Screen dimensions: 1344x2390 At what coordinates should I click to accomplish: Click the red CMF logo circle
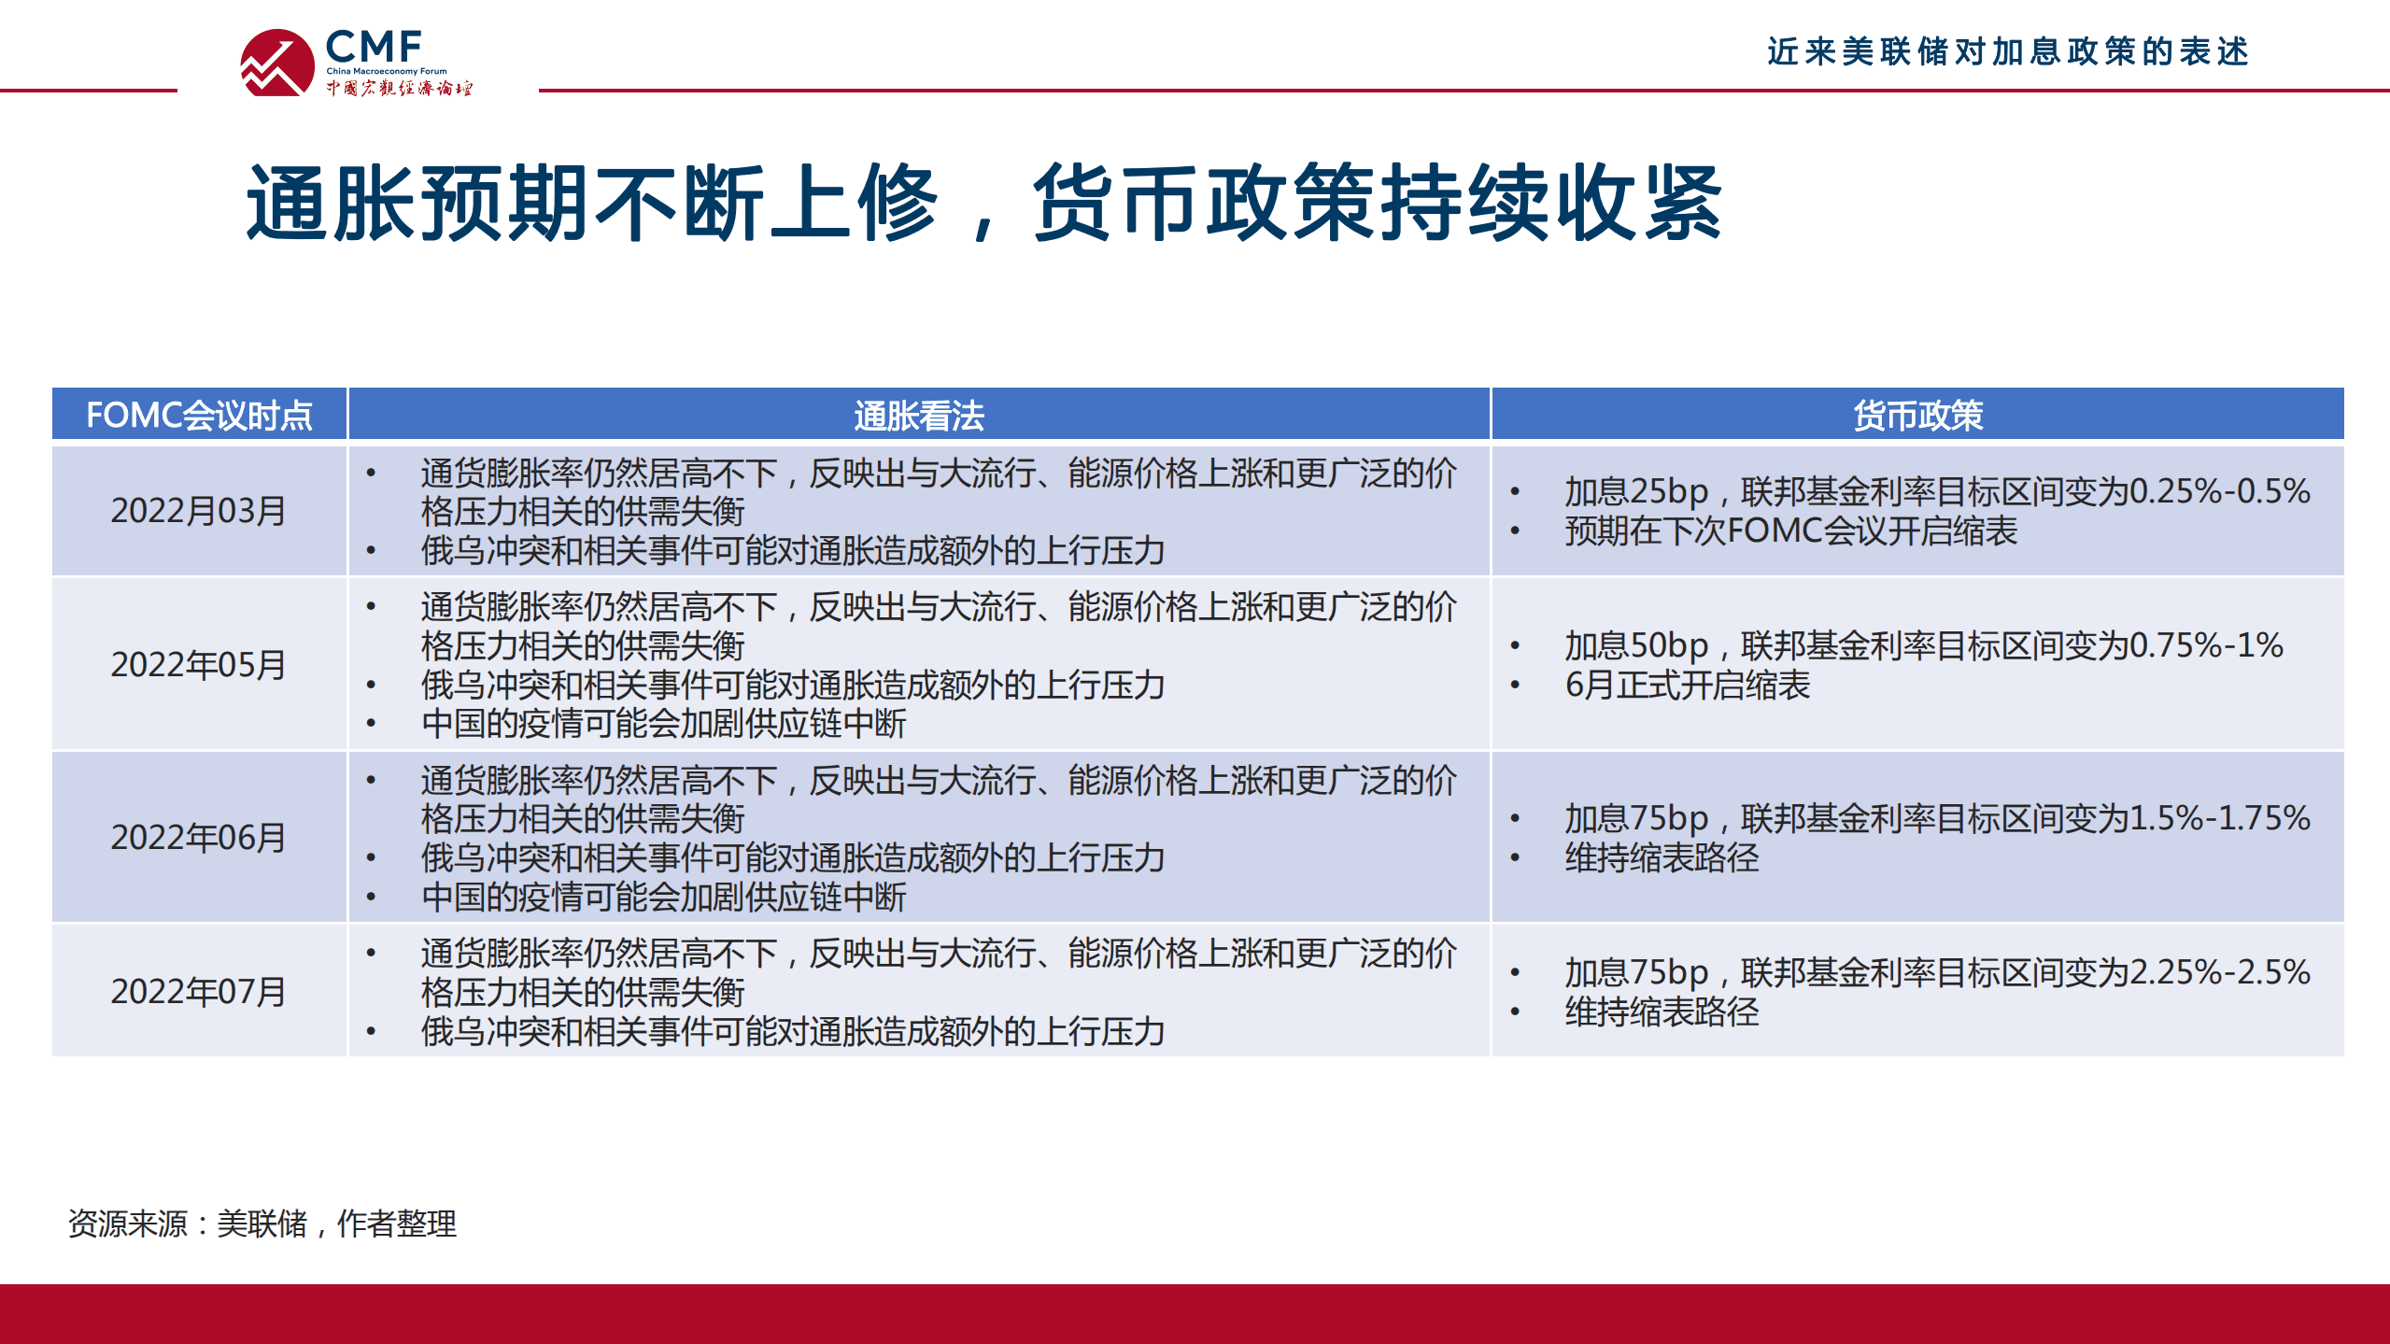(277, 63)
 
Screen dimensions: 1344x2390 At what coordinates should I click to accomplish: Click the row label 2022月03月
(198, 511)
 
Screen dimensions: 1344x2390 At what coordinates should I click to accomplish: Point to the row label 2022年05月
(198, 665)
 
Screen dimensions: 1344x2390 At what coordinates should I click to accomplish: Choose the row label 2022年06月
(198, 838)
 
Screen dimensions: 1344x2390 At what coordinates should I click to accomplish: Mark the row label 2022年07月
(198, 992)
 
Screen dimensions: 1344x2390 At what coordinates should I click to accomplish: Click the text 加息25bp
(1636, 491)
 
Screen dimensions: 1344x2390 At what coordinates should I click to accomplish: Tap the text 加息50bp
(1636, 645)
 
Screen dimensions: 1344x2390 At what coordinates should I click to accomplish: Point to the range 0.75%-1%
(2206, 645)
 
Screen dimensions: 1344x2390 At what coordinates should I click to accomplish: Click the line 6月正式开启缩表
(1688, 686)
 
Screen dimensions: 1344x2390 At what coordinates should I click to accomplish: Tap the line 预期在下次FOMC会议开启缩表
(1790, 531)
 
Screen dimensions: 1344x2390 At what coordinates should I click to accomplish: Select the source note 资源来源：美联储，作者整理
(262, 1224)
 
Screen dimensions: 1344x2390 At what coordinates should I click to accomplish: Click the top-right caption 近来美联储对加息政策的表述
(2007, 51)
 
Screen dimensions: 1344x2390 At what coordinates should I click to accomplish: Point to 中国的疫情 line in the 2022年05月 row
(663, 724)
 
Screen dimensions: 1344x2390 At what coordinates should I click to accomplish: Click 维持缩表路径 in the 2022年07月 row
(1662, 1012)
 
